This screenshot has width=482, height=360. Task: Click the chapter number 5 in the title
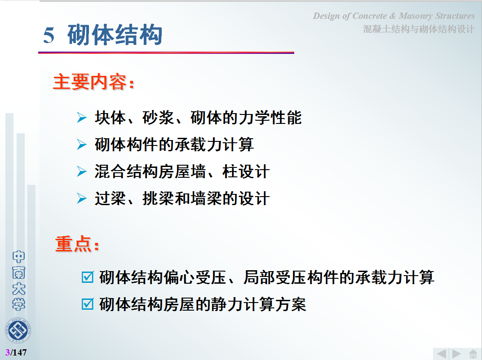click(x=49, y=35)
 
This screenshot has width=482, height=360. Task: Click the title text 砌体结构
click(x=115, y=35)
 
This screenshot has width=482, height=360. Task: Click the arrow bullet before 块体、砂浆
click(x=82, y=118)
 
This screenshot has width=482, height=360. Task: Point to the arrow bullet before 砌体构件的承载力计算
click(x=82, y=145)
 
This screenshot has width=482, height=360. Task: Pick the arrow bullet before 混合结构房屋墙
click(x=82, y=171)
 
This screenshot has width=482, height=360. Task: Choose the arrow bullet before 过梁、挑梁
click(x=82, y=198)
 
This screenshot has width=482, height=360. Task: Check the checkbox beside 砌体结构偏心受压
click(x=88, y=277)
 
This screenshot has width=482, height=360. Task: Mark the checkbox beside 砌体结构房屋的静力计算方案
click(x=88, y=304)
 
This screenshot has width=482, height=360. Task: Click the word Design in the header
click(x=326, y=16)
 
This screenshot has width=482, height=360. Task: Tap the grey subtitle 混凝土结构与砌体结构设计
click(x=419, y=29)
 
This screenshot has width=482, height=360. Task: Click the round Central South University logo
click(x=18, y=330)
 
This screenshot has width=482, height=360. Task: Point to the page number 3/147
click(x=16, y=352)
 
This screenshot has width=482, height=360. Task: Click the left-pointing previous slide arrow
click(x=442, y=354)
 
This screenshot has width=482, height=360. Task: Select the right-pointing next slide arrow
click(x=456, y=354)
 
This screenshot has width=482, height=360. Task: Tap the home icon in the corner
click(x=473, y=354)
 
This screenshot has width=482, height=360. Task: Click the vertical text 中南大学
click(x=18, y=281)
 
